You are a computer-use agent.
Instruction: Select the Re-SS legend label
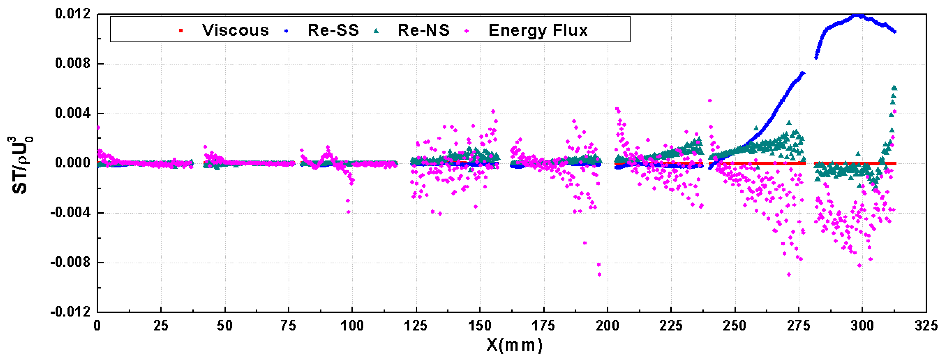333,30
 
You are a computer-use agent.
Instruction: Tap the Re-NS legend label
424,30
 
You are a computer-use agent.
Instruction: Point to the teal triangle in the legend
376,31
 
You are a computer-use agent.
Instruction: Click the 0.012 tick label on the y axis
72,14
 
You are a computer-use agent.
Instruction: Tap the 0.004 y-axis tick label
72,113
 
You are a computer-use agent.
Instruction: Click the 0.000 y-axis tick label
72,163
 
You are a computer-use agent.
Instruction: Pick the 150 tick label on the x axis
480,325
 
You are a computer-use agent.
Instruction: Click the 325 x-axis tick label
926,325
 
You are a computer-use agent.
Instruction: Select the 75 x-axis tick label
288,325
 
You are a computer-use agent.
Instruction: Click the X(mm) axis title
514,345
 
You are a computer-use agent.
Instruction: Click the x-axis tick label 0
97,325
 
